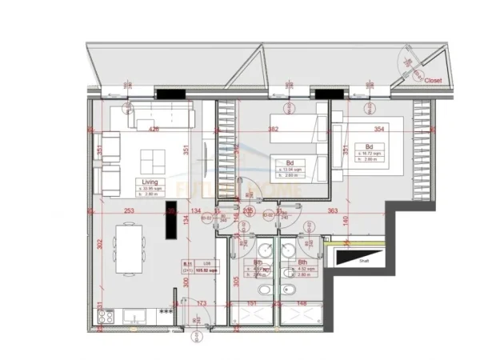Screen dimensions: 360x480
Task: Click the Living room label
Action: (146, 182)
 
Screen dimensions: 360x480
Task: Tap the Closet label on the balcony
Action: (433, 80)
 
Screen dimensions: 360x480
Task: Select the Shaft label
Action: (364, 260)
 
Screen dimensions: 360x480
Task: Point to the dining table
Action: (130, 248)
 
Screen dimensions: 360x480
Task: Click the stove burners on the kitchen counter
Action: (104, 317)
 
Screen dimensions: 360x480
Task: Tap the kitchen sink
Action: (130, 316)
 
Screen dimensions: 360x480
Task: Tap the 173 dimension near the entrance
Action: (202, 304)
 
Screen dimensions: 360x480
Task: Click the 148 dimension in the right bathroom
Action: (301, 304)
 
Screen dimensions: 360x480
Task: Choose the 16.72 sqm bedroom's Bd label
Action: (369, 147)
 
